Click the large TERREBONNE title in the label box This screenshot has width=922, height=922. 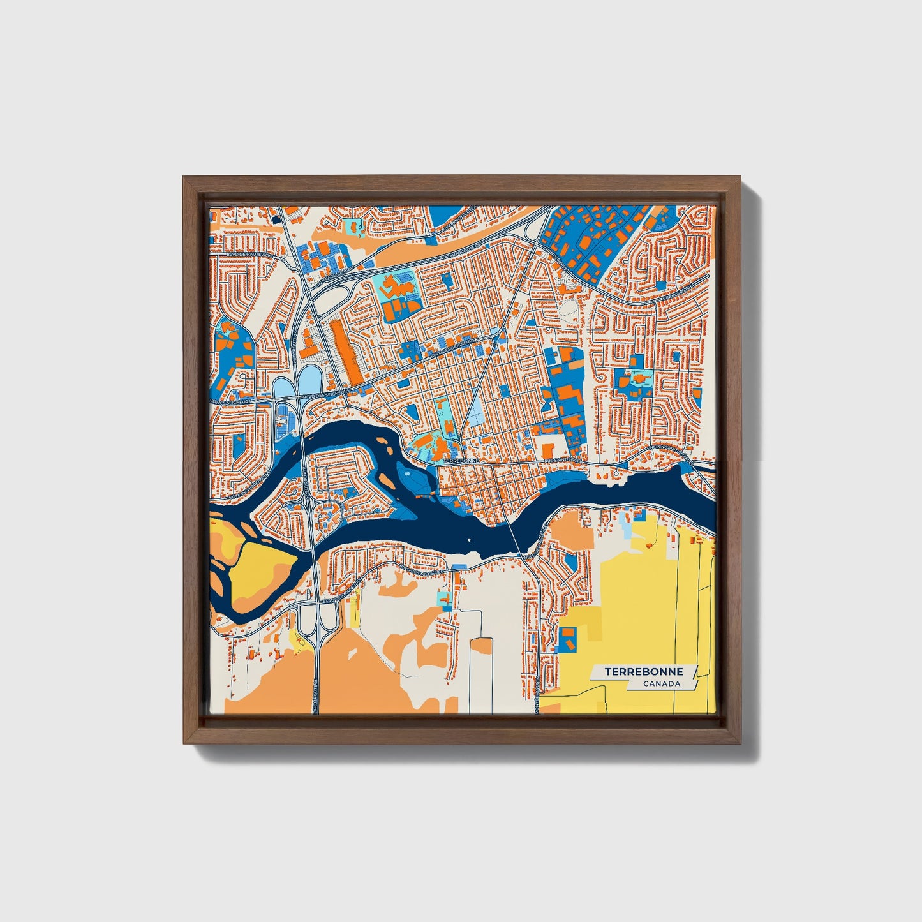pyautogui.click(x=643, y=672)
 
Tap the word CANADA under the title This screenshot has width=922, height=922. pyautogui.click(x=661, y=684)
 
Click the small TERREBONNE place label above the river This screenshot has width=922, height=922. pyautogui.click(x=460, y=460)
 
